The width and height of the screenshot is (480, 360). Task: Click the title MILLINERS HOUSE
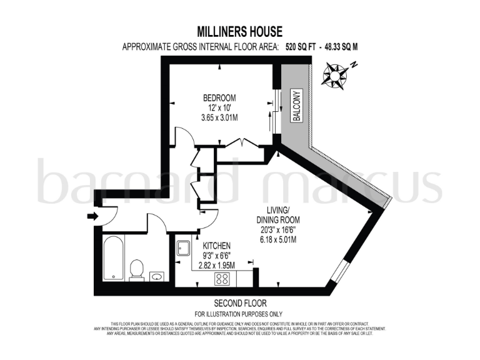240,31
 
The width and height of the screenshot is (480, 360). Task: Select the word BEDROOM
219,98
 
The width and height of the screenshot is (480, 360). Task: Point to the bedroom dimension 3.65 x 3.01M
219,117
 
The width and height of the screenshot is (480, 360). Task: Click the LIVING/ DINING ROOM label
278,216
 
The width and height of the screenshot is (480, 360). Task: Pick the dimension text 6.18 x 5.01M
278,240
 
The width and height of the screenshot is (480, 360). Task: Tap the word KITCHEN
216,246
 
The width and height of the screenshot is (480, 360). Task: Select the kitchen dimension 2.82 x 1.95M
216,266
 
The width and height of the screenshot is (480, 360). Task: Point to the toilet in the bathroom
137,269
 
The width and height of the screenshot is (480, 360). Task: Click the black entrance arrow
92,216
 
